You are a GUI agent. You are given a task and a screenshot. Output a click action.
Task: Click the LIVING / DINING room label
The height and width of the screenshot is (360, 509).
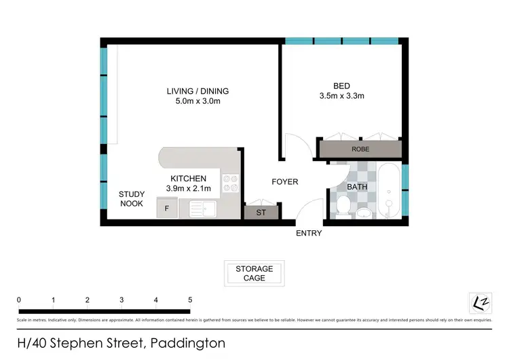point(197,91)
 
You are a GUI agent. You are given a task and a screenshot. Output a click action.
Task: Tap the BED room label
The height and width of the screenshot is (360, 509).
point(341,86)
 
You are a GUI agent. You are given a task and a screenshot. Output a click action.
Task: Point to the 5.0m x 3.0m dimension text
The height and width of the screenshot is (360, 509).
point(197,101)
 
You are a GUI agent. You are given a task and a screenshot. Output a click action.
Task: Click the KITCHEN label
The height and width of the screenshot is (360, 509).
point(188,179)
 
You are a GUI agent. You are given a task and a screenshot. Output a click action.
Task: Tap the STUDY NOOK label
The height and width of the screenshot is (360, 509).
point(132,198)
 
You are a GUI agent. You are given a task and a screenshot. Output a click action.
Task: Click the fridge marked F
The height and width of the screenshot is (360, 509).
point(167,209)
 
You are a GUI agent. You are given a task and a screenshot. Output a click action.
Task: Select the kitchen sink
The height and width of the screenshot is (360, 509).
point(202,208)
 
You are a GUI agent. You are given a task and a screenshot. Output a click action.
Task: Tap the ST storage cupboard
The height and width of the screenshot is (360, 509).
point(261,213)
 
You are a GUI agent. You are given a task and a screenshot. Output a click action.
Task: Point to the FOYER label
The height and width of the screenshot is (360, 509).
point(285,182)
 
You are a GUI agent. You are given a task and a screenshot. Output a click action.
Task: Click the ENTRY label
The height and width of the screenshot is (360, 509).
point(309,234)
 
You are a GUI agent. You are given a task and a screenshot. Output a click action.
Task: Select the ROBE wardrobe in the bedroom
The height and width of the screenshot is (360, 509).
point(360,149)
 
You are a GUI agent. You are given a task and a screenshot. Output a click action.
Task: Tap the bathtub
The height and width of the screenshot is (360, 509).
point(390,191)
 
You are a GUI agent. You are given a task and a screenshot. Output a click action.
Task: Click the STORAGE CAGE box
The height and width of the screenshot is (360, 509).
point(254,273)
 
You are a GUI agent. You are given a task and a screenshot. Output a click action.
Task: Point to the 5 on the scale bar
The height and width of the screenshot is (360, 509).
point(190,300)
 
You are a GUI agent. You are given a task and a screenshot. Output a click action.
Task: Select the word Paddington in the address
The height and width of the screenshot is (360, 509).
point(188,344)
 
